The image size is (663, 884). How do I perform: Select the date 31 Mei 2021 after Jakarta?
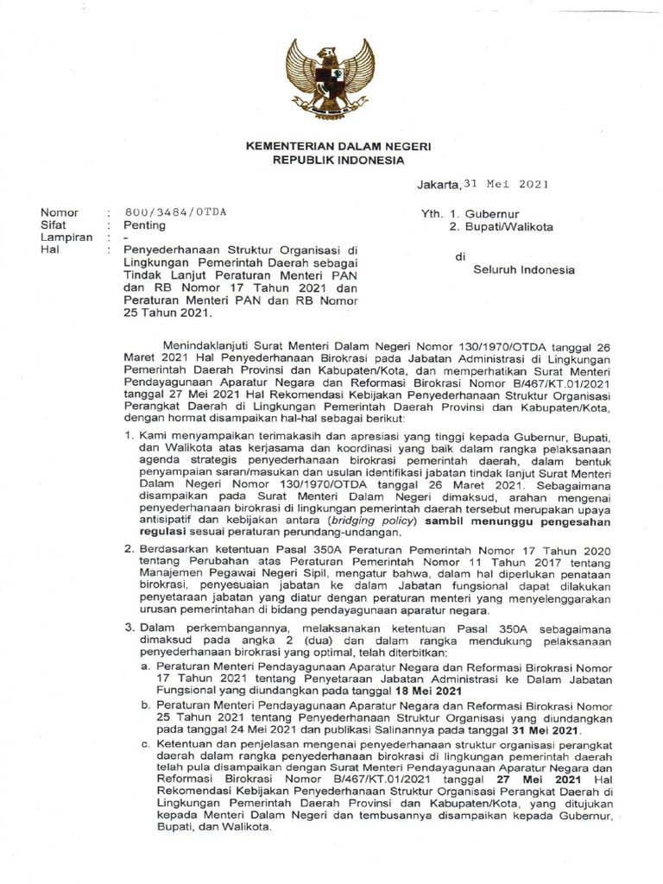tap(506, 184)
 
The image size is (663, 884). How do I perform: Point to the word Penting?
tap(147, 226)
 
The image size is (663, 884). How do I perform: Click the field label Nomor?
tap(59, 212)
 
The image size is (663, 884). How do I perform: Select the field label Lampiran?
tap(65, 239)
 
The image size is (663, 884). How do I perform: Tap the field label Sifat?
tap(54, 226)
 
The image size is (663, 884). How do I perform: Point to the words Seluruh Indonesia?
tap(524, 269)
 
